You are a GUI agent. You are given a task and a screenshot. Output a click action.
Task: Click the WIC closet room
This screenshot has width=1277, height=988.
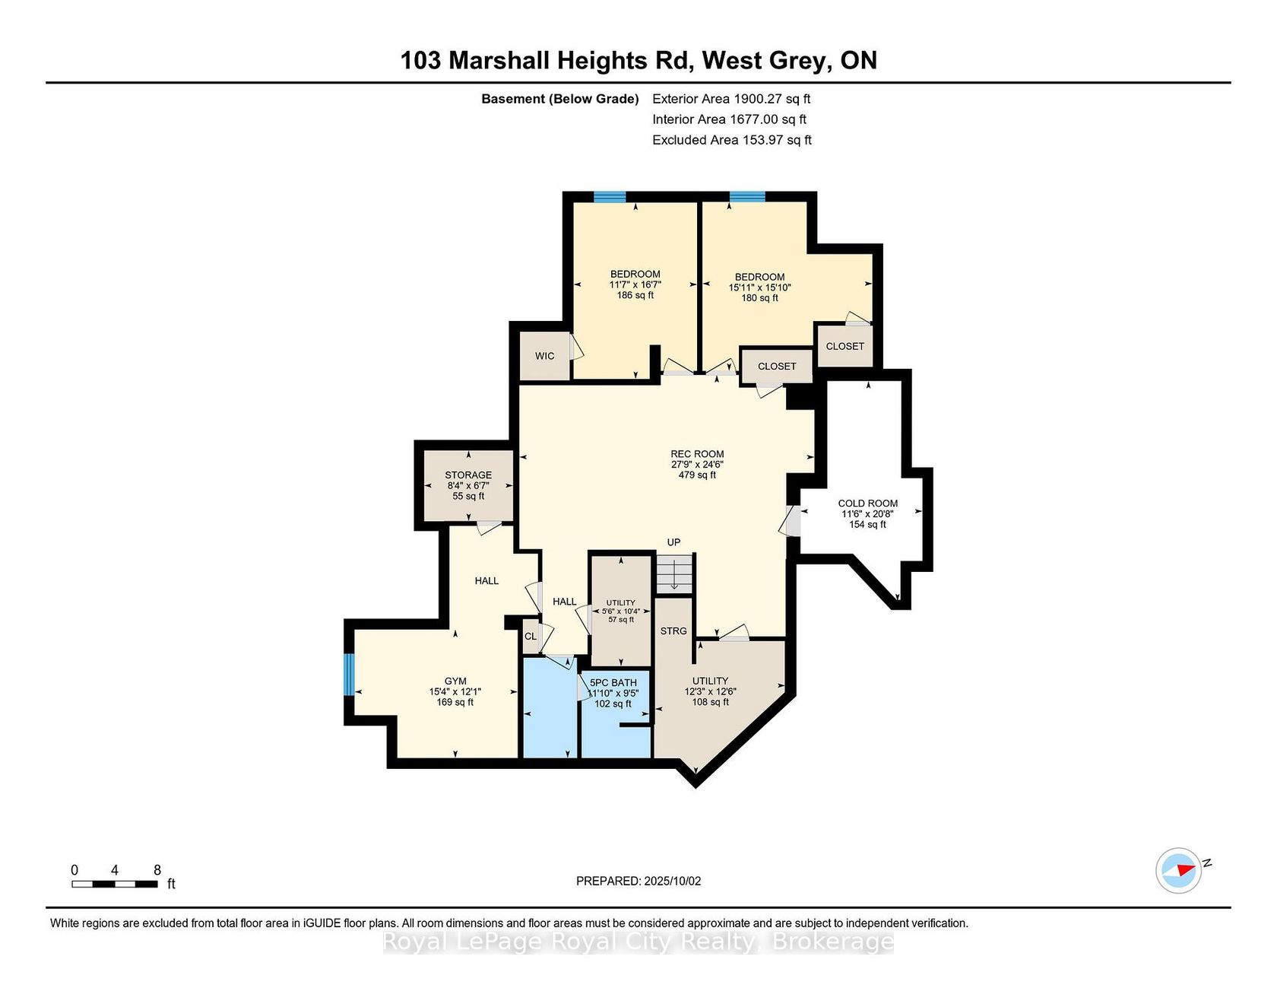pos(544,356)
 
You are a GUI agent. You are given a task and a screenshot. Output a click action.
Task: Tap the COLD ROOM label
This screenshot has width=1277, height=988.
pos(867,504)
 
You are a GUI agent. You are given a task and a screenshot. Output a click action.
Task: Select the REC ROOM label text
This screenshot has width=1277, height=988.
pos(697,454)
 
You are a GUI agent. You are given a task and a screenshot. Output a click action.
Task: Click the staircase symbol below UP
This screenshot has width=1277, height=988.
pos(675,573)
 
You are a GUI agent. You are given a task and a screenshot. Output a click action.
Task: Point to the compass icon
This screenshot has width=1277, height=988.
pos(1179,870)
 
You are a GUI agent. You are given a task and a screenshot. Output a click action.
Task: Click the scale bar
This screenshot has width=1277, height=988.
pos(115,884)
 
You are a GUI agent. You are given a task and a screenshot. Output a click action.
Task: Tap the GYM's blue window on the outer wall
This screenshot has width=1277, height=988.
pos(349,675)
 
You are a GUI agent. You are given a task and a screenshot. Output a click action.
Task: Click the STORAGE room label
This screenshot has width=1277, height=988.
pos(468,475)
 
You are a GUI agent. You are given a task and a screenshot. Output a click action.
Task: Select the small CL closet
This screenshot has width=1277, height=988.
pos(531,637)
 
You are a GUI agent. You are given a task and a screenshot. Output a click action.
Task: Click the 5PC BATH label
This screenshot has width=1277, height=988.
pos(613,683)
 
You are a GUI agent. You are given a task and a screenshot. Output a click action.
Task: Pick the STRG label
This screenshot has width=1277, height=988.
pos(673,631)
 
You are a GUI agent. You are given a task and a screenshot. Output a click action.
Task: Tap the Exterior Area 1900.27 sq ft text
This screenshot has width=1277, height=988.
pos(731,99)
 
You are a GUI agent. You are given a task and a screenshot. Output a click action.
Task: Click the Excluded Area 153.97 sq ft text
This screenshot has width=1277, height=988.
pos(732,140)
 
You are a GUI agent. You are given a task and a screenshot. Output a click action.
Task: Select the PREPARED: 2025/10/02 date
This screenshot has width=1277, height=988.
pos(638,882)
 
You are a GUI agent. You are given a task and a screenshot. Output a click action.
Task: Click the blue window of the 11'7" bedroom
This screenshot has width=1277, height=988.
pos(610,197)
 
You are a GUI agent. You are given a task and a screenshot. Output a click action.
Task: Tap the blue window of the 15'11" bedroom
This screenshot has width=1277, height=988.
pos(747,197)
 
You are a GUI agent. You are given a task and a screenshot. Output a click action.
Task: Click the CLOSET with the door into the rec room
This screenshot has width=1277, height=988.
pos(777,367)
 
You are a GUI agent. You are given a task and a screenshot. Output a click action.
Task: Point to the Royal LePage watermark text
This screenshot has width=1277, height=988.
pos(637,942)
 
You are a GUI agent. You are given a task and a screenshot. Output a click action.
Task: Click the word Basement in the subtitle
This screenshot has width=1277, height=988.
pos(513,99)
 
